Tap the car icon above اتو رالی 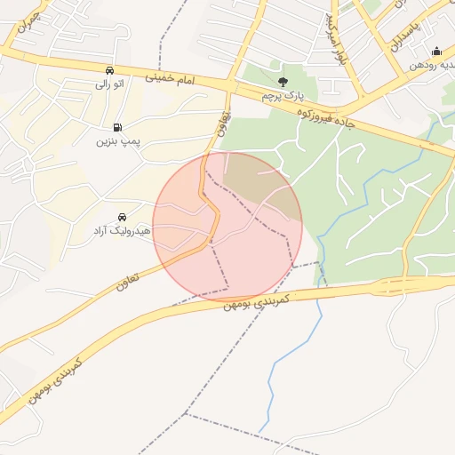pos(109,70)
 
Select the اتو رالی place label pos(109,84)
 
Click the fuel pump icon pos(117,126)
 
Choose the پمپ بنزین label pos(117,140)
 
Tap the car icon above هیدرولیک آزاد pos(122,217)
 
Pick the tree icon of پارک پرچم pos(283,82)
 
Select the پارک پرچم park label pos(283,94)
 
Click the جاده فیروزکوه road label pos(325,116)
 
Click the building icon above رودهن pos(436,51)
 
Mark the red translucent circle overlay pos(227,226)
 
